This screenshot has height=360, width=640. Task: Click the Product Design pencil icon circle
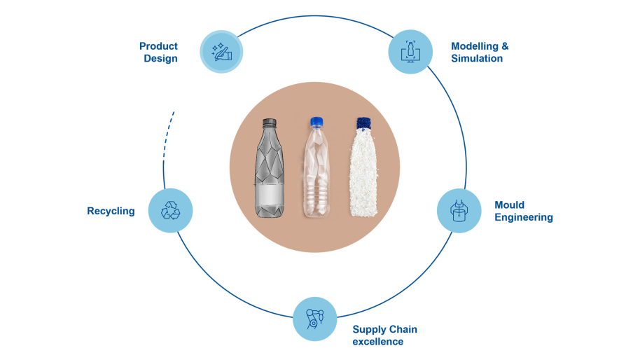pos(221,52)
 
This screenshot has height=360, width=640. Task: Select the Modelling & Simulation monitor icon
pos(410,51)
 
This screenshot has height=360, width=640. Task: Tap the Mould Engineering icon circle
pos(459,211)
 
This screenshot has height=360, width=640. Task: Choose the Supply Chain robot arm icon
pos(314,319)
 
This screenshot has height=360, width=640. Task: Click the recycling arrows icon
pos(170,210)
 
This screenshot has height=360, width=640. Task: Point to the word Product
pos(158,46)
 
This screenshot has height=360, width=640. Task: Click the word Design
pos(160,58)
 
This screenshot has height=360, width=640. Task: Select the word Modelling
pos(475,46)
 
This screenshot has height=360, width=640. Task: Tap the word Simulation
pos(477,58)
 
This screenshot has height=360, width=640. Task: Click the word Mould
pos(509,205)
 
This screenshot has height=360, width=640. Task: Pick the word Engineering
pos(524,217)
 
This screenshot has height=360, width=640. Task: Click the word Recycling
pos(111,211)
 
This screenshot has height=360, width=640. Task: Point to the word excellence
pos(378,342)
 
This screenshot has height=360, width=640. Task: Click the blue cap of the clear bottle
pos(316,122)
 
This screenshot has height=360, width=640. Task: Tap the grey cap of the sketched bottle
pos(270,123)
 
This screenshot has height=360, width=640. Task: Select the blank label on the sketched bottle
pos(269,195)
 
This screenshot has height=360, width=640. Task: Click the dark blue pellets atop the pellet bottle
pos(363,123)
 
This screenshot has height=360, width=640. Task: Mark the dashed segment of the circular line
pos(167,134)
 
